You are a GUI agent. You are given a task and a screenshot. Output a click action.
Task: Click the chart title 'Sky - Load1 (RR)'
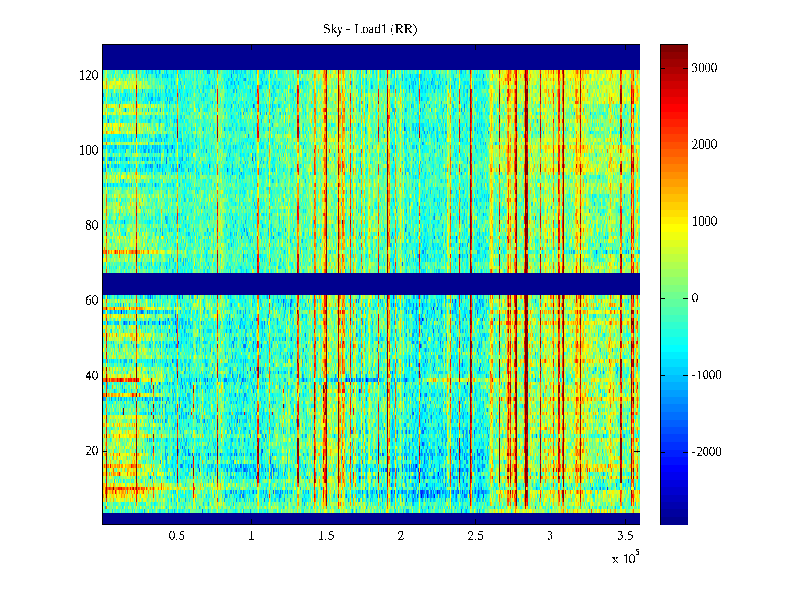(370, 29)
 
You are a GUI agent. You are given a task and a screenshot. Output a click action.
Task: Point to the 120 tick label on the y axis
(89, 76)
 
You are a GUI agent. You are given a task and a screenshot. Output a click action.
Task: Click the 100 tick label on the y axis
(89, 151)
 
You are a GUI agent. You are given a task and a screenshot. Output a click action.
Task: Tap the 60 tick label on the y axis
(92, 301)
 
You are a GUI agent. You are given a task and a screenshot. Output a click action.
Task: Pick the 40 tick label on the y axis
(92, 376)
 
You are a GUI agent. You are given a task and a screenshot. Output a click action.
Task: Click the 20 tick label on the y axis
(92, 451)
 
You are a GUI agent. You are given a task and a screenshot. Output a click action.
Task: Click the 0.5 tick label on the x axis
(177, 536)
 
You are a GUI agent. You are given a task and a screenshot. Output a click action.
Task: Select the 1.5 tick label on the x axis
(326, 536)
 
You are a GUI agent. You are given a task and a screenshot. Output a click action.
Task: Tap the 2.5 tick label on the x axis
(475, 536)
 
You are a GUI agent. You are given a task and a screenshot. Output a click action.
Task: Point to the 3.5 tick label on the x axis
(625, 536)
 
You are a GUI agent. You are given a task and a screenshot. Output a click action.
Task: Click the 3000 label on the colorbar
(705, 68)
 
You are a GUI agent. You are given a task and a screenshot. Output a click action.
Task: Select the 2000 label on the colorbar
(705, 145)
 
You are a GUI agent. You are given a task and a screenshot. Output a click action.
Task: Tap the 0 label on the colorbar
(695, 298)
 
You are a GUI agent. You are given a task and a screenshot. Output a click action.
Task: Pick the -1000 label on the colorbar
(706, 375)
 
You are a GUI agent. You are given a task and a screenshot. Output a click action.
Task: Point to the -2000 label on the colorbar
(706, 452)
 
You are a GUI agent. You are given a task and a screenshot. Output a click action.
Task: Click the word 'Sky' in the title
(332, 29)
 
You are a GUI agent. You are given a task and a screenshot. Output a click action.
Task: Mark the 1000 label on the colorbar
(705, 222)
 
